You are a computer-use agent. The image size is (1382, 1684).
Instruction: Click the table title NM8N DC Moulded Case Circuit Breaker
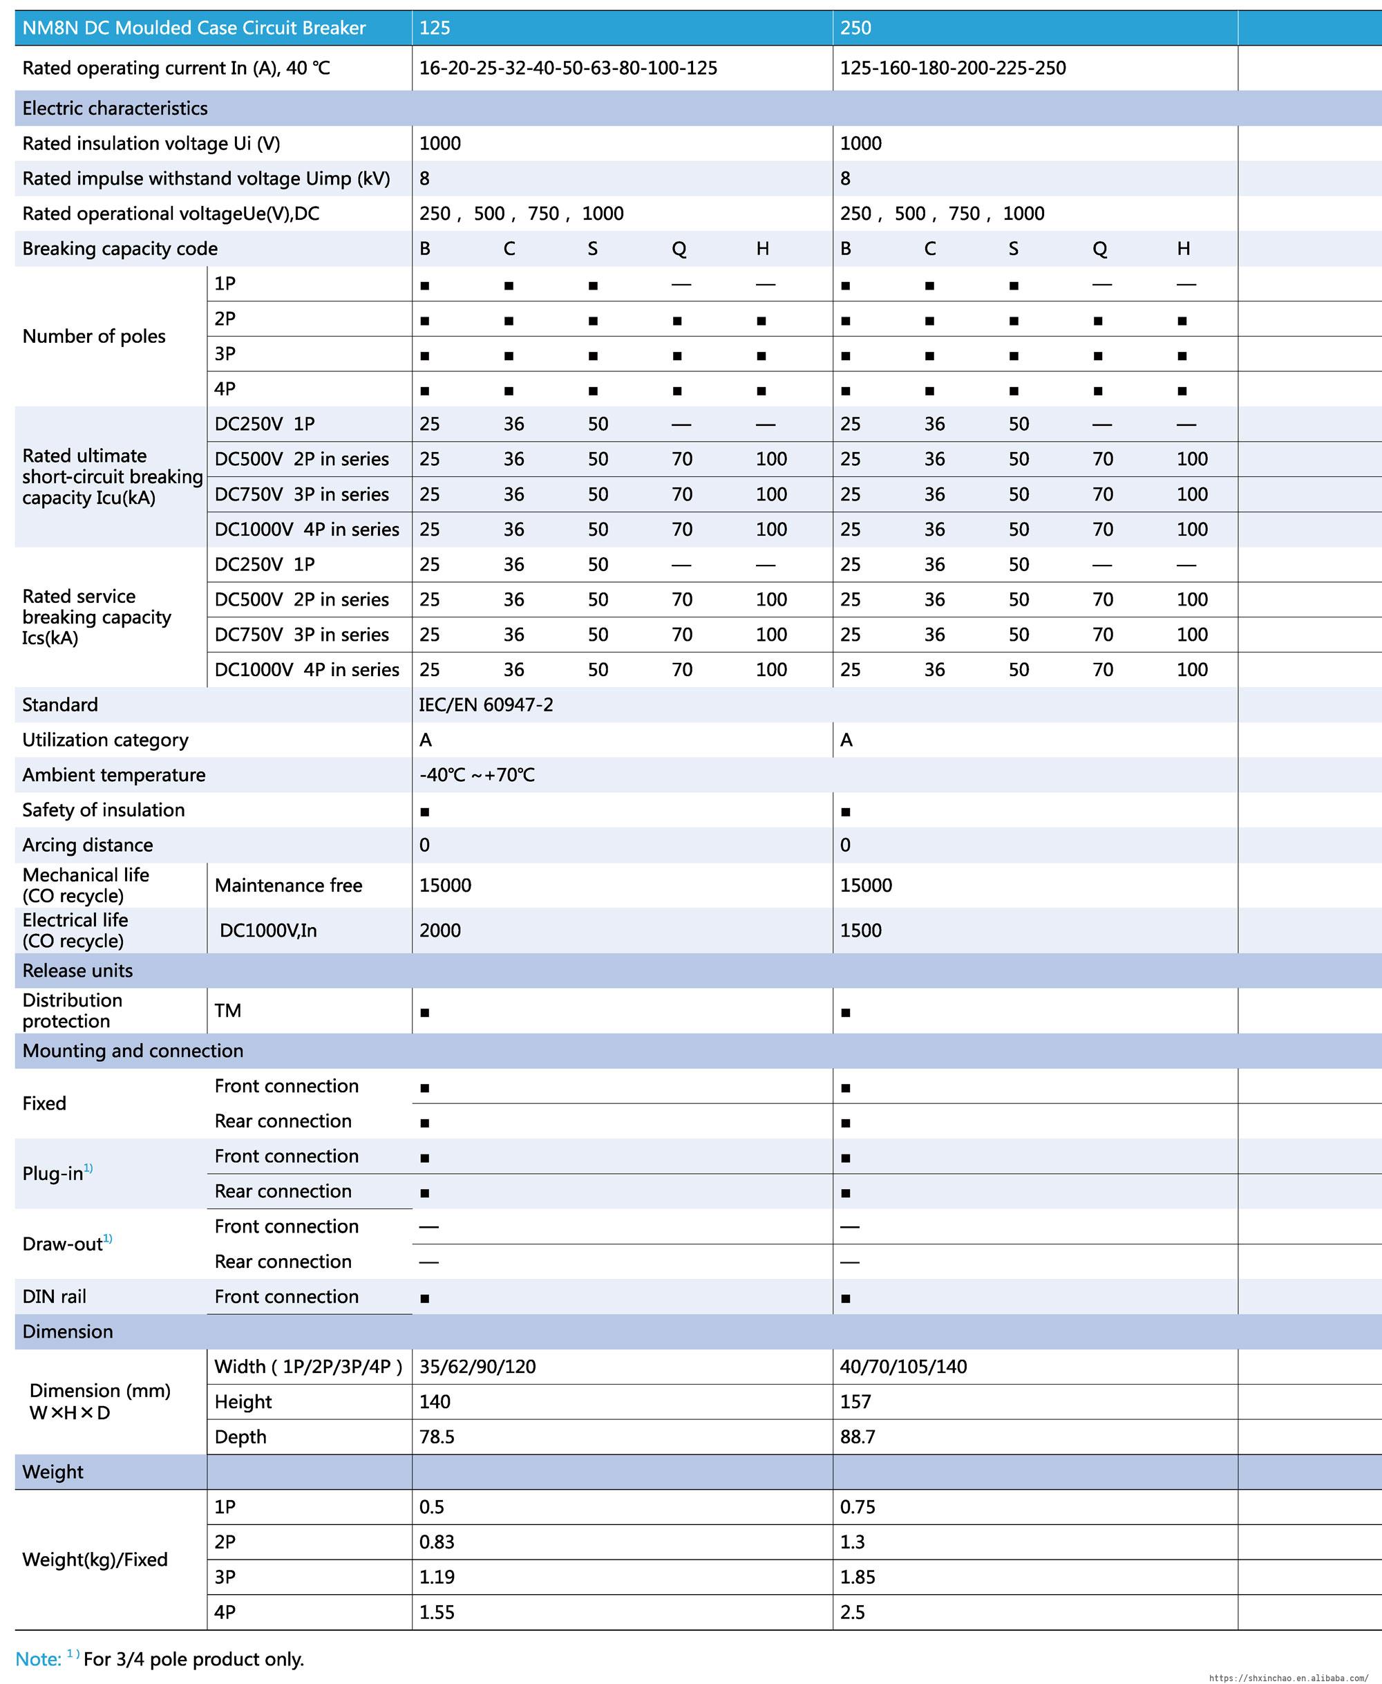[193, 28]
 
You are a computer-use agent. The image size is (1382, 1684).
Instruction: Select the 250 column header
[855, 28]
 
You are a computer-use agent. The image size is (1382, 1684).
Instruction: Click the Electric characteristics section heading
[115, 109]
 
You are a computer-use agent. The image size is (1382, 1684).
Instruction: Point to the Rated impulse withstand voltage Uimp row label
[205, 178]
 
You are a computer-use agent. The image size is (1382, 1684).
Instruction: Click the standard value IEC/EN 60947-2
[486, 704]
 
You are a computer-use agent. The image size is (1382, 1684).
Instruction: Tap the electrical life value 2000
[439, 930]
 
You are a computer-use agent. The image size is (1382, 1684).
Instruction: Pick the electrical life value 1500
[860, 930]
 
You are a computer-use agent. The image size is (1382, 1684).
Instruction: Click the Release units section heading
[77, 971]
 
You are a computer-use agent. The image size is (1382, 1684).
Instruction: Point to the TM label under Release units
[227, 1011]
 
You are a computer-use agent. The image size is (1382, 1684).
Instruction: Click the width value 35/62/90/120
[477, 1366]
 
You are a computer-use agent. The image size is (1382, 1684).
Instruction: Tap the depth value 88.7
[858, 1437]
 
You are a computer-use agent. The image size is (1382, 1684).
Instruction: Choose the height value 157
[855, 1401]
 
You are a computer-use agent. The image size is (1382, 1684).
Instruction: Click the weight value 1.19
[436, 1577]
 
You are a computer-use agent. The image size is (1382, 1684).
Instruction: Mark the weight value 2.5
[852, 1611]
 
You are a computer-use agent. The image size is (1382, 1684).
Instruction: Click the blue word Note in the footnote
[37, 1658]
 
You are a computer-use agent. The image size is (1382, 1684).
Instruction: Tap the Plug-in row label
[53, 1174]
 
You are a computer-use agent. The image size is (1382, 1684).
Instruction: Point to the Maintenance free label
[288, 886]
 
